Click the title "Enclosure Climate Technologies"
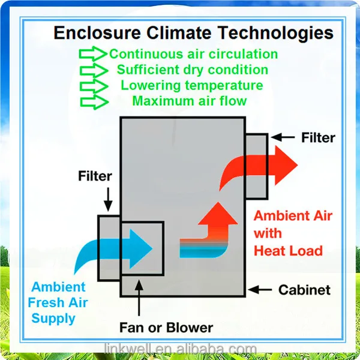point(193,32)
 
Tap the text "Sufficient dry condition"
point(193,70)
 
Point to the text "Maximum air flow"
point(190,101)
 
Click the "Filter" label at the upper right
point(318,137)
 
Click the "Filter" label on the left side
point(95,176)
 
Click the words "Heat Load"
point(288,250)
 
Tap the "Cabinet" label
point(304,290)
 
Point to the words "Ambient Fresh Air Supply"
point(58,302)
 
